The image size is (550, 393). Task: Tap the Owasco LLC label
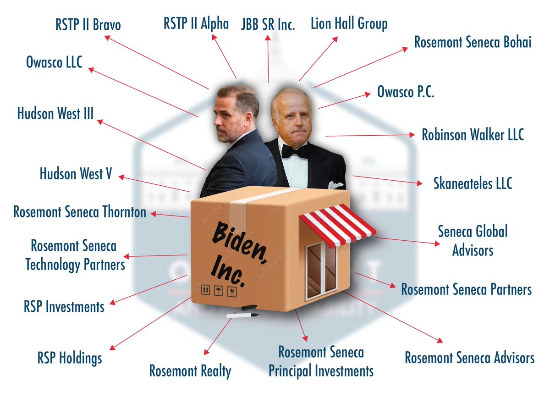click(x=54, y=62)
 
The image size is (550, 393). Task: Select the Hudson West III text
click(x=55, y=113)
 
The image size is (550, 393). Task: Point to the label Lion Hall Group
click(x=349, y=23)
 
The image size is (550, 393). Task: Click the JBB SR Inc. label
click(x=268, y=24)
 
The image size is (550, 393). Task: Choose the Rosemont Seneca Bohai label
click(x=473, y=42)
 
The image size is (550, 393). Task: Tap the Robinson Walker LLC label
click(x=473, y=135)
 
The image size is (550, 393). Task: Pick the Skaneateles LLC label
click(x=473, y=183)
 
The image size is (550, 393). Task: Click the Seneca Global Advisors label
click(x=473, y=241)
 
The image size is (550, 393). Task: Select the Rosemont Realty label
click(x=190, y=371)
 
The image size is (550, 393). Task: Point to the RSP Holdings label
click(x=70, y=357)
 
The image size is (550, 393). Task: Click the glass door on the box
click(x=321, y=271)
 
